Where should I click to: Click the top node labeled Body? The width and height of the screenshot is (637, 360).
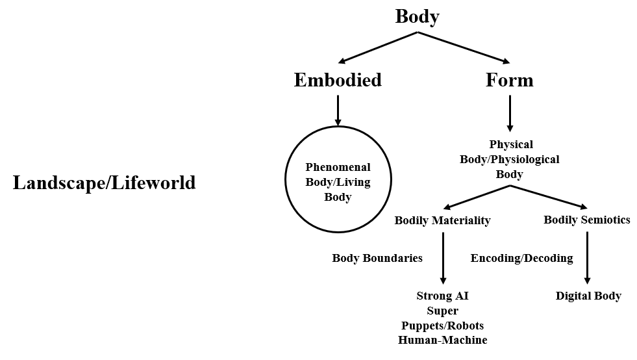pos(417,16)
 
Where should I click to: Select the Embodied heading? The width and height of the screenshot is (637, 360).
pos(338,80)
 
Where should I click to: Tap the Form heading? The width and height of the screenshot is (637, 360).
pos(510,80)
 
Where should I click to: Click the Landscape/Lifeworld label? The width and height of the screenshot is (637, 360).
pos(104,183)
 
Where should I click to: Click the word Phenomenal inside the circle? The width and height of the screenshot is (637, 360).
pos(338,167)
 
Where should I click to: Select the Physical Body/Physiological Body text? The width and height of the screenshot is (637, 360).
pos(510,159)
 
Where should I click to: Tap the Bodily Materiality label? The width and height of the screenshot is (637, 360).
pos(442,220)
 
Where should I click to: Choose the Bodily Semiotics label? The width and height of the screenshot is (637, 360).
pos(587,220)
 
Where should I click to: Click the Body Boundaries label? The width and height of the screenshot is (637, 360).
pos(377,258)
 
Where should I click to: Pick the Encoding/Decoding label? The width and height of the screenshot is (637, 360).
pos(521,258)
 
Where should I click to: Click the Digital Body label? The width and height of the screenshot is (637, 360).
pos(588,296)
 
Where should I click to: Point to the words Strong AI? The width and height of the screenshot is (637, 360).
pos(442,296)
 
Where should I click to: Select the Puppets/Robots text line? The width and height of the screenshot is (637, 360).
pos(442,326)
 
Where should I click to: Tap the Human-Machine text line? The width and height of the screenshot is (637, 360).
pos(442,340)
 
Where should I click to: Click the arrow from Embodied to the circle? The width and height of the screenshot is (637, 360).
pos(338,110)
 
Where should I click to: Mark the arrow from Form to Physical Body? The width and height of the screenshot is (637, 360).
pos(510,114)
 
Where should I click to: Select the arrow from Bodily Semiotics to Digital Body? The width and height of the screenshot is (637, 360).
pos(587,257)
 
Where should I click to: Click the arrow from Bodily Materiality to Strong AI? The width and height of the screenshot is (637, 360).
pos(442,257)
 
